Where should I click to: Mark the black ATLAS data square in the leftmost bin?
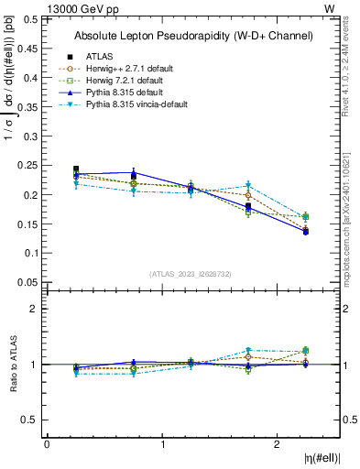pyautogui.click(x=76, y=169)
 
